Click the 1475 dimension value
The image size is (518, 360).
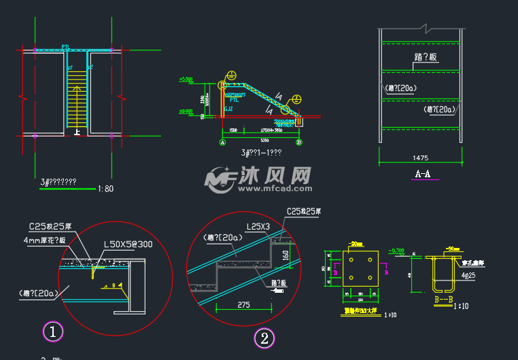421,158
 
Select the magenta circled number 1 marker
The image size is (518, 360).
53,331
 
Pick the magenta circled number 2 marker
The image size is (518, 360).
264,338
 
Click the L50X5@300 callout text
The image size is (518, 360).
128,244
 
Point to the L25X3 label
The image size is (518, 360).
258,226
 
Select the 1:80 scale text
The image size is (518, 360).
105,189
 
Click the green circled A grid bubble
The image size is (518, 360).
222,143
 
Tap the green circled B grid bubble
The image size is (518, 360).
298,143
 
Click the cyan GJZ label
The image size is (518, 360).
228,109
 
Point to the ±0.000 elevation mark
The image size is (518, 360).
185,111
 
